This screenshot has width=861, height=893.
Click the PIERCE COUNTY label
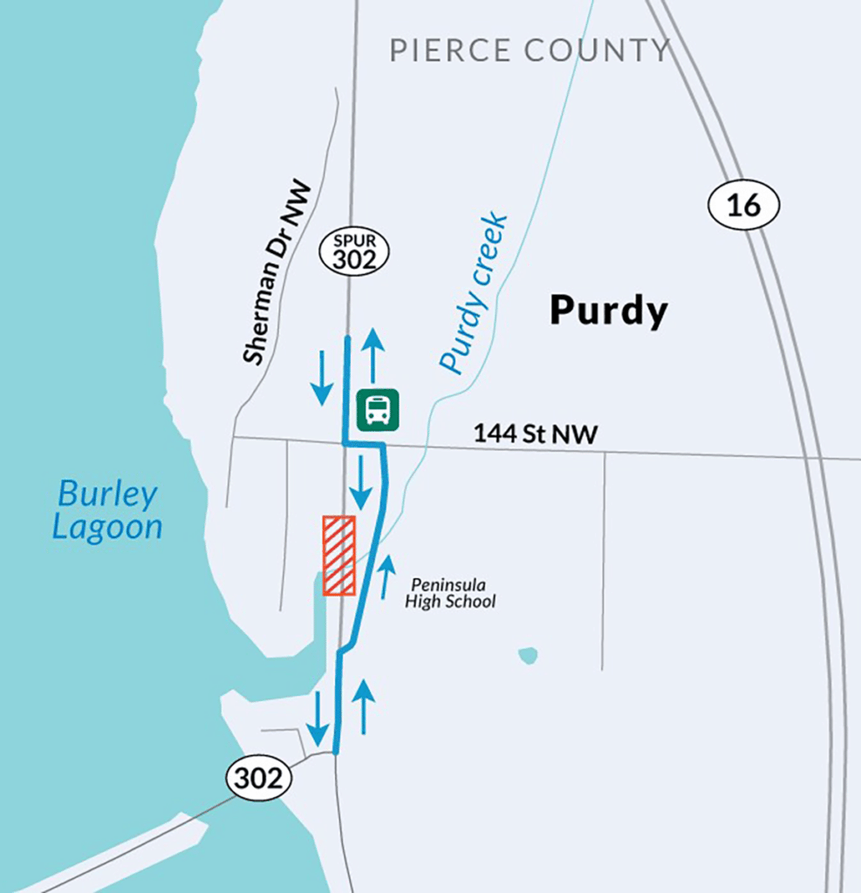click(x=530, y=50)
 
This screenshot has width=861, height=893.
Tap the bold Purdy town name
click(x=608, y=310)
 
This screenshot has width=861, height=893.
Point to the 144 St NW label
click(x=536, y=433)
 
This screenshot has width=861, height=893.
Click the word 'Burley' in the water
click(x=107, y=494)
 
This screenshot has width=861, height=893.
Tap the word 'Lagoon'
click(x=107, y=528)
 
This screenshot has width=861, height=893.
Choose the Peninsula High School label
click(x=449, y=593)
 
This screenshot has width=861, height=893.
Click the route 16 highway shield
click(x=742, y=205)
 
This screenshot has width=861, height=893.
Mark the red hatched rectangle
click(x=338, y=556)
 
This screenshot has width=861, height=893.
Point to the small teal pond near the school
click(x=527, y=654)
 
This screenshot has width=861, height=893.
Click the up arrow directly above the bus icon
click(x=373, y=355)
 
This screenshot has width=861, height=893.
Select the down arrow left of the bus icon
click(x=321, y=377)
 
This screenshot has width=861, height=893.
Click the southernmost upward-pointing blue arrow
click(x=363, y=706)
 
